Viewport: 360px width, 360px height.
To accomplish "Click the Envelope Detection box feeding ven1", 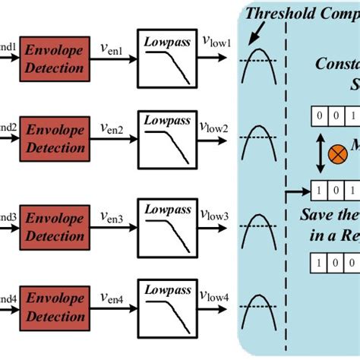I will pos(53,58).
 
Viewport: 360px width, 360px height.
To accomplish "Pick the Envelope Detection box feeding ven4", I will pos(53,309).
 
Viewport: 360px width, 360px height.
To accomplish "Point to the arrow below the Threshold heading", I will pos(263,35).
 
